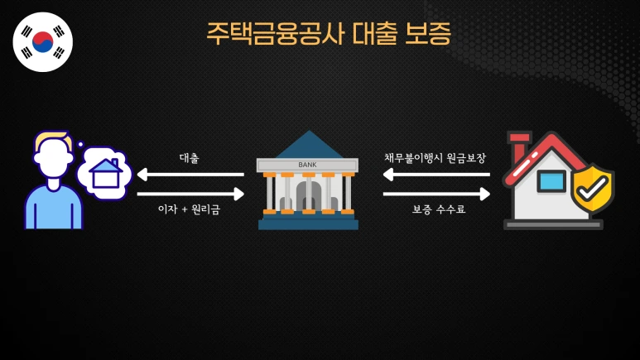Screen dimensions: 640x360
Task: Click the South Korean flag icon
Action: pyautogui.click(x=43, y=41)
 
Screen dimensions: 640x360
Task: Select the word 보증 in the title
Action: pyautogui.click(x=428, y=33)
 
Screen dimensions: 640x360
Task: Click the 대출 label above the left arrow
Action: pyautogui.click(x=189, y=157)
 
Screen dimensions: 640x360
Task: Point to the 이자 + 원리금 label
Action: pyautogui.click(x=189, y=210)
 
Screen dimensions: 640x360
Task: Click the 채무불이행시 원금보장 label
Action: pyautogui.click(x=435, y=157)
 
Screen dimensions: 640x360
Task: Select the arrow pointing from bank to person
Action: pyautogui.click(x=190, y=175)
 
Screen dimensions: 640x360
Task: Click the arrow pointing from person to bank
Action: pyautogui.click(x=190, y=194)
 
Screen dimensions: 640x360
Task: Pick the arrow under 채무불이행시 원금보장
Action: pyautogui.click(x=435, y=175)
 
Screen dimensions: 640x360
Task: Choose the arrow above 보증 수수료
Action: pyautogui.click(x=435, y=194)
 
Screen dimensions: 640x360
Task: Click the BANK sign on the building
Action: pyautogui.click(x=307, y=165)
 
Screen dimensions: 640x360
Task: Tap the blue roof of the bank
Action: pyautogui.click(x=308, y=146)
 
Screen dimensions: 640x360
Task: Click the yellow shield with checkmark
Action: pyautogui.click(x=593, y=188)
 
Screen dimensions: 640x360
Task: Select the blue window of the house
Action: pyautogui.click(x=551, y=180)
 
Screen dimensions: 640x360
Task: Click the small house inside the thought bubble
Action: pyautogui.click(x=105, y=174)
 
